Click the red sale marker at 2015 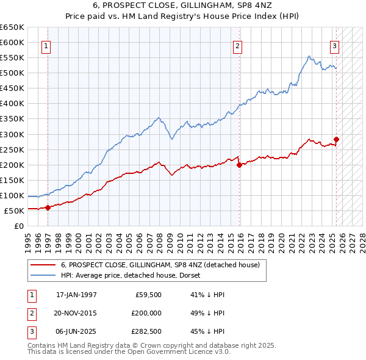click(x=239, y=165)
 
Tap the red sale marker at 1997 click(x=48, y=207)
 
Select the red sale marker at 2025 click(x=336, y=139)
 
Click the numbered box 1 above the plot click(x=47, y=45)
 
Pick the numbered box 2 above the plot click(x=237, y=45)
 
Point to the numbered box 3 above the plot click(x=335, y=45)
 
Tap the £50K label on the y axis click(x=14, y=211)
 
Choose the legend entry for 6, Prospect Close click(x=160, y=265)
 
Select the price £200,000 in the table click(x=147, y=313)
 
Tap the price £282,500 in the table click(x=147, y=331)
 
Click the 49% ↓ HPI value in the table click(x=208, y=313)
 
